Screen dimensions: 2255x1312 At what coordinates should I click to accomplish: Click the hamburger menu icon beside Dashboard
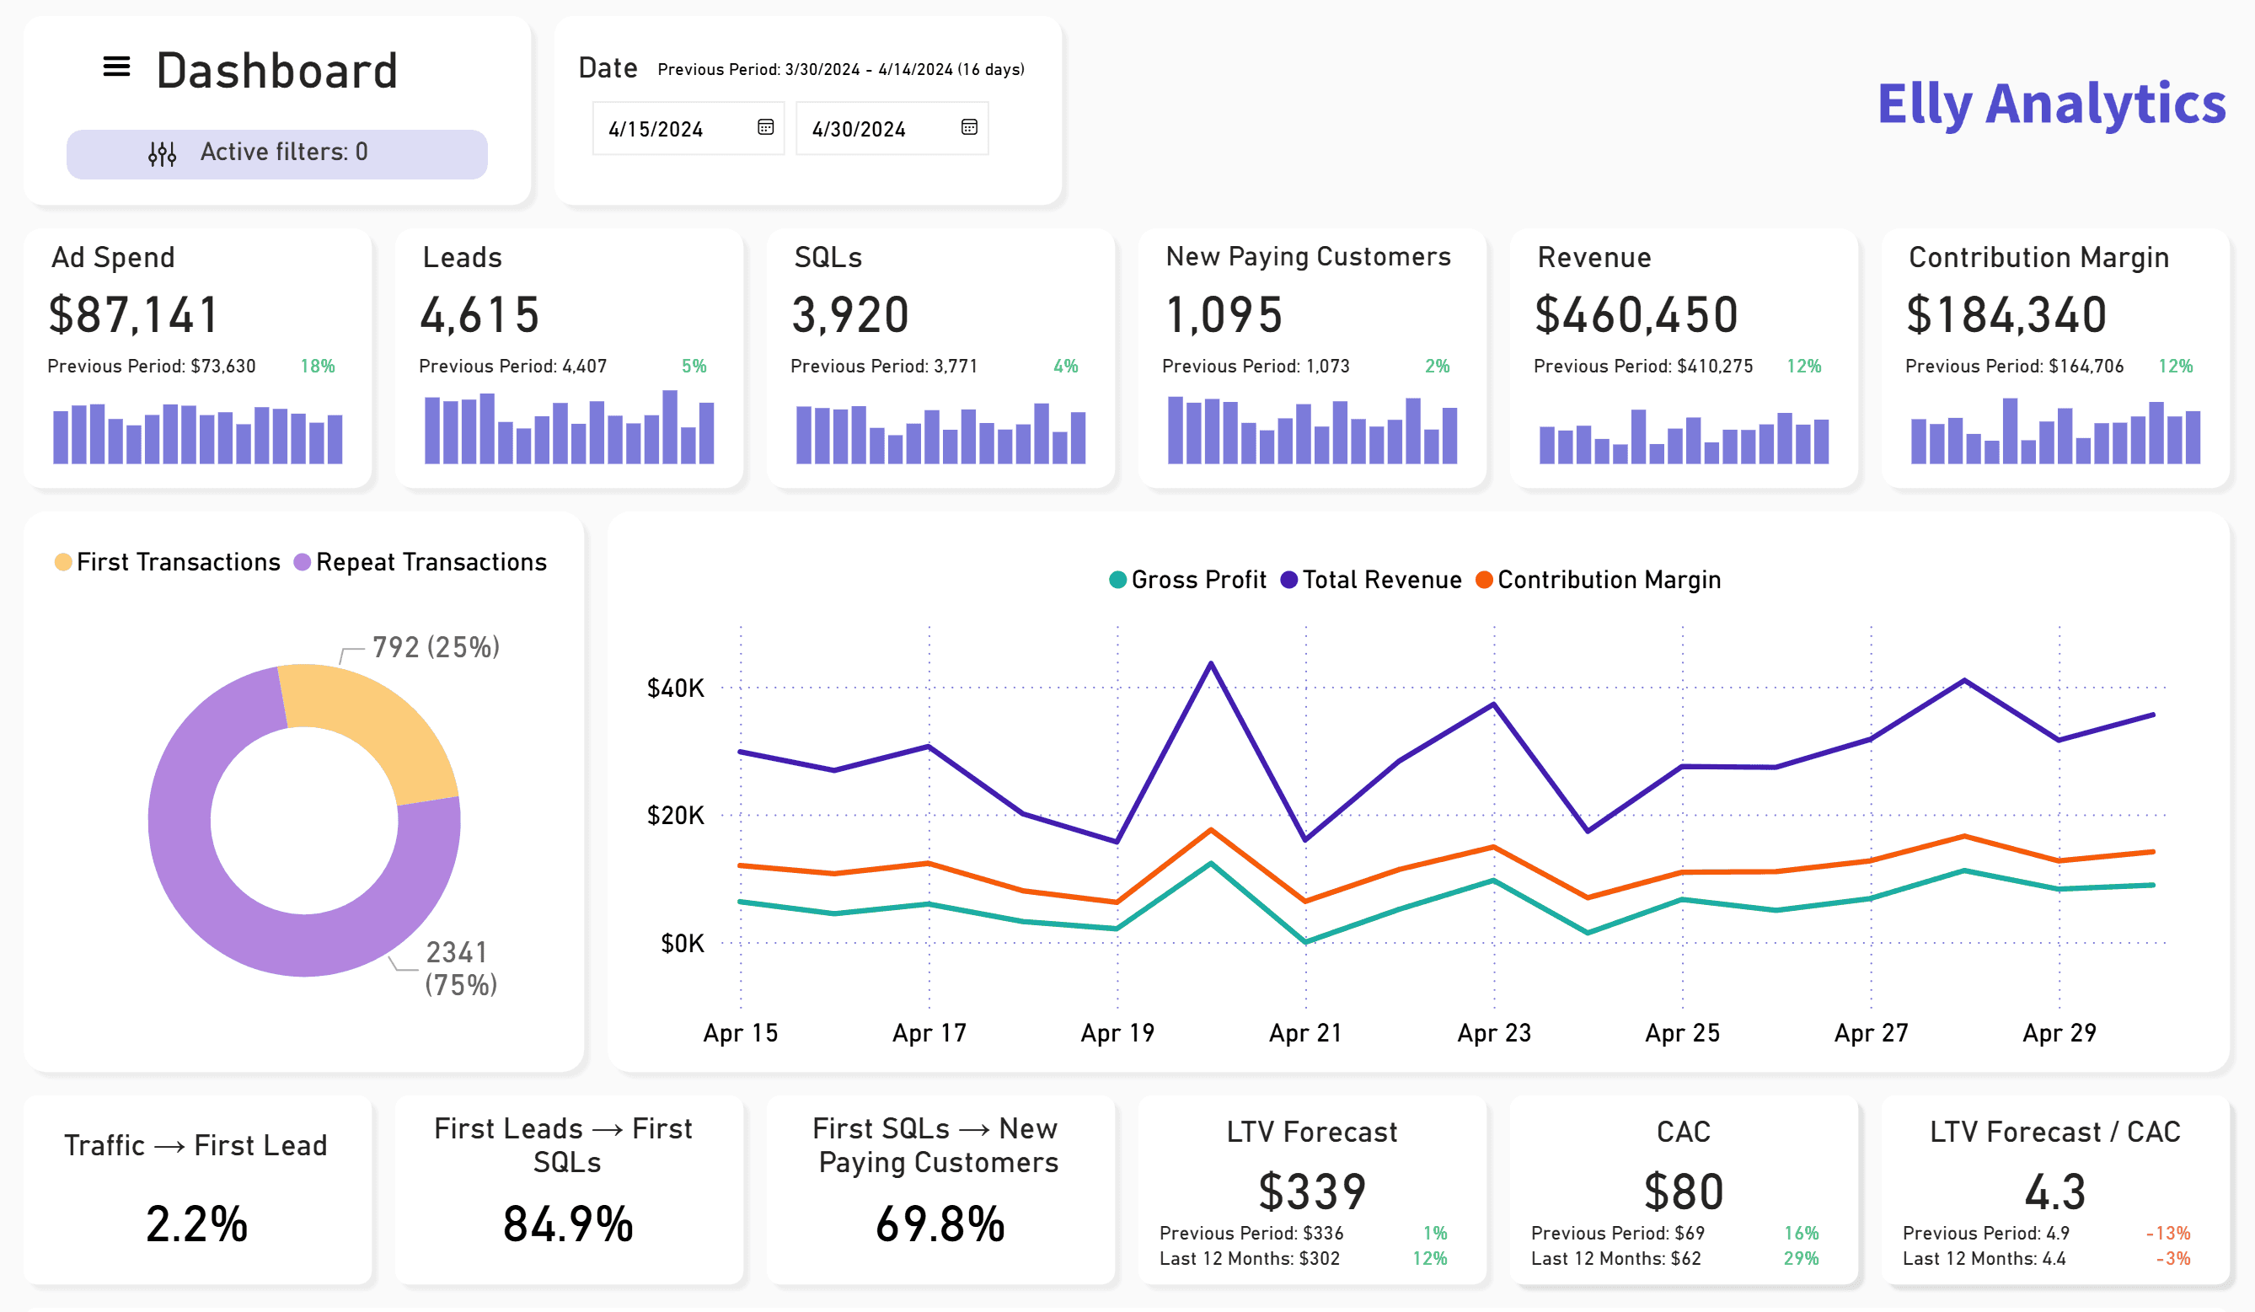(116, 67)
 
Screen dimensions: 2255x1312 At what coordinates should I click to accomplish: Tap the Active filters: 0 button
(276, 153)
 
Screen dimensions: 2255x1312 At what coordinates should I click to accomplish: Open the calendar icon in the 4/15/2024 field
(765, 127)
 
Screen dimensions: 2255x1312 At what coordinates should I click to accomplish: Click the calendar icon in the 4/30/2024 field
(969, 127)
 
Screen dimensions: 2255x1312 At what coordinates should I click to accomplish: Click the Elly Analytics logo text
(2051, 104)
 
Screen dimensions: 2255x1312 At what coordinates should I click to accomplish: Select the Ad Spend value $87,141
(133, 315)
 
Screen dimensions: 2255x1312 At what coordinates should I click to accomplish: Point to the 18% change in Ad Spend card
(318, 366)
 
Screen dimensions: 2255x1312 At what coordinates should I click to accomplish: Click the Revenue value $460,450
(1636, 315)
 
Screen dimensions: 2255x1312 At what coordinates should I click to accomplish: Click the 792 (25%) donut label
(436, 647)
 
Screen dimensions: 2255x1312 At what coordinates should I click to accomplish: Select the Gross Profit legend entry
(1187, 580)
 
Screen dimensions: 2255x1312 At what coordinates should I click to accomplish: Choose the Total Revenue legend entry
(1371, 580)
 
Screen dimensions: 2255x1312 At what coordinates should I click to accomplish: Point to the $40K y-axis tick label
(676, 688)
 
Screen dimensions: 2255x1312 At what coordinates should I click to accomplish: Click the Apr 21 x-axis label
(1305, 1033)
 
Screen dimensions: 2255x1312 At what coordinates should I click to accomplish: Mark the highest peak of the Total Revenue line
(1212, 663)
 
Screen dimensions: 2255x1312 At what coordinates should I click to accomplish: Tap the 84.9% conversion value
(568, 1224)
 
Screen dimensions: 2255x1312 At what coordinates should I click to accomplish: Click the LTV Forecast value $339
(1312, 1192)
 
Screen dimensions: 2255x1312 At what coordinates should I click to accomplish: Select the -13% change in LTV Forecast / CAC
(2168, 1234)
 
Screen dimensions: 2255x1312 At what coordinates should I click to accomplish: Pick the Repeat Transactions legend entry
(420, 562)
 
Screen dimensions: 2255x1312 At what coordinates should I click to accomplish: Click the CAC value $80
(1683, 1192)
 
